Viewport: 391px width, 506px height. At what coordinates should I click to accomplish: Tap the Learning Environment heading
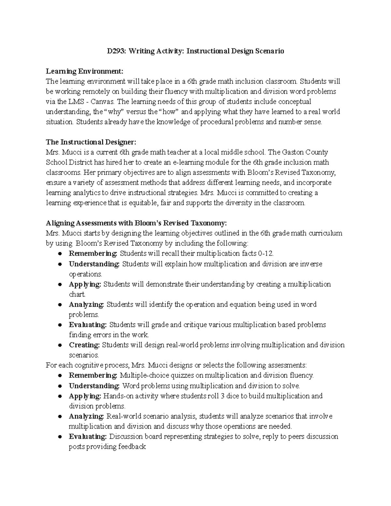[x=85, y=71]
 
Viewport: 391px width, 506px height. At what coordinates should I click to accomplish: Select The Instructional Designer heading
[x=91, y=142]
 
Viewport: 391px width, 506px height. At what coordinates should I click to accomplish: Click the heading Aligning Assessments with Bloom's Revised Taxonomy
[x=136, y=223]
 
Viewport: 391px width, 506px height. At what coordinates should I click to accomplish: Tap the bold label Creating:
[x=84, y=345]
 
